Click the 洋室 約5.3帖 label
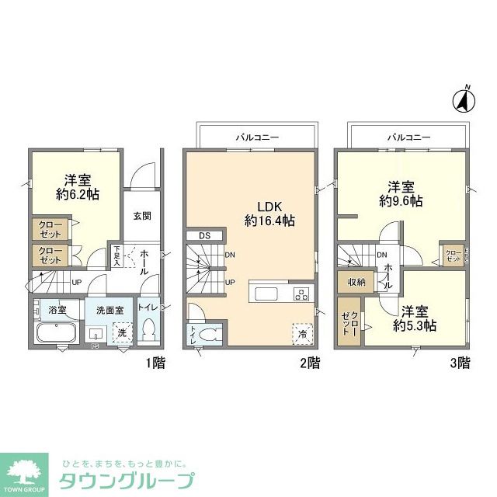[413, 318]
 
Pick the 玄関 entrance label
[142, 216]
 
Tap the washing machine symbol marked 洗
[122, 332]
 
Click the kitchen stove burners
[301, 294]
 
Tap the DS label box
[205, 236]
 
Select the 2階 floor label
[309, 362]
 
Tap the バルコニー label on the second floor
[257, 137]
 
